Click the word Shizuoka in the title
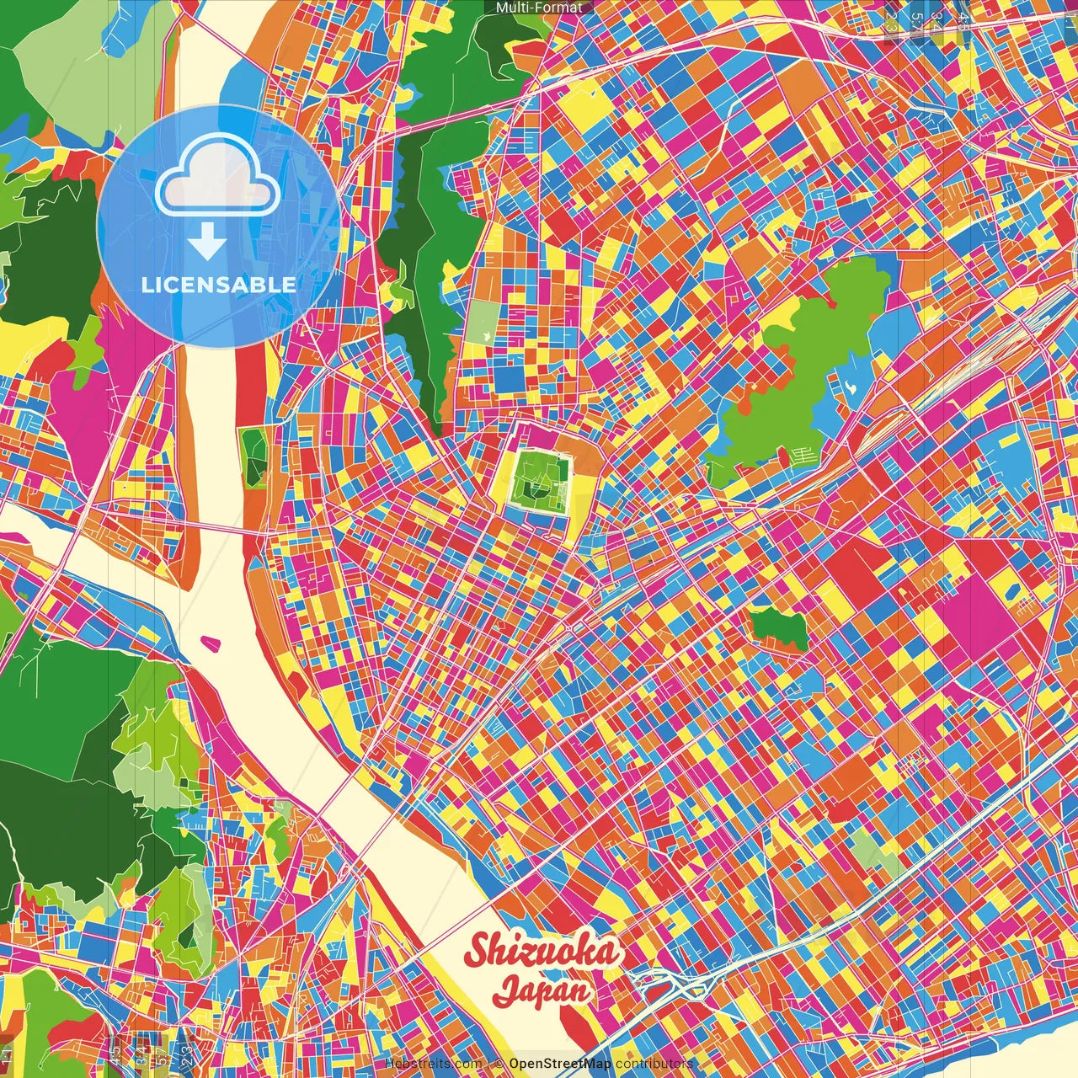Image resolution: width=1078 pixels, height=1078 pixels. coord(543,952)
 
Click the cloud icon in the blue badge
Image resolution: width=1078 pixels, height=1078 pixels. coord(217,178)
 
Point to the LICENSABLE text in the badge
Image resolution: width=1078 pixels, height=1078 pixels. coord(219,285)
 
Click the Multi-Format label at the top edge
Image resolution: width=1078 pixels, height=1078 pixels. coord(539,8)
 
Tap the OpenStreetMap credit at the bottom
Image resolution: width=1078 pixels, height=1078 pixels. coord(559,1064)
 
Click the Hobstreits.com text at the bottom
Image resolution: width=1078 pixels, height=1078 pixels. coord(433,1064)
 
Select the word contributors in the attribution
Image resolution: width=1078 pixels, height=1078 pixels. coord(654,1064)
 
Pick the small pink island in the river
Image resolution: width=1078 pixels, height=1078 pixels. coord(211,644)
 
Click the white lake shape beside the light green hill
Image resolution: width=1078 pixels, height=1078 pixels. coord(851,387)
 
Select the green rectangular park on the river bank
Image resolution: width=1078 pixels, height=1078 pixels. coord(253,457)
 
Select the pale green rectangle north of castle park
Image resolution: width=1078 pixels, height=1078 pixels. coord(483,323)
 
